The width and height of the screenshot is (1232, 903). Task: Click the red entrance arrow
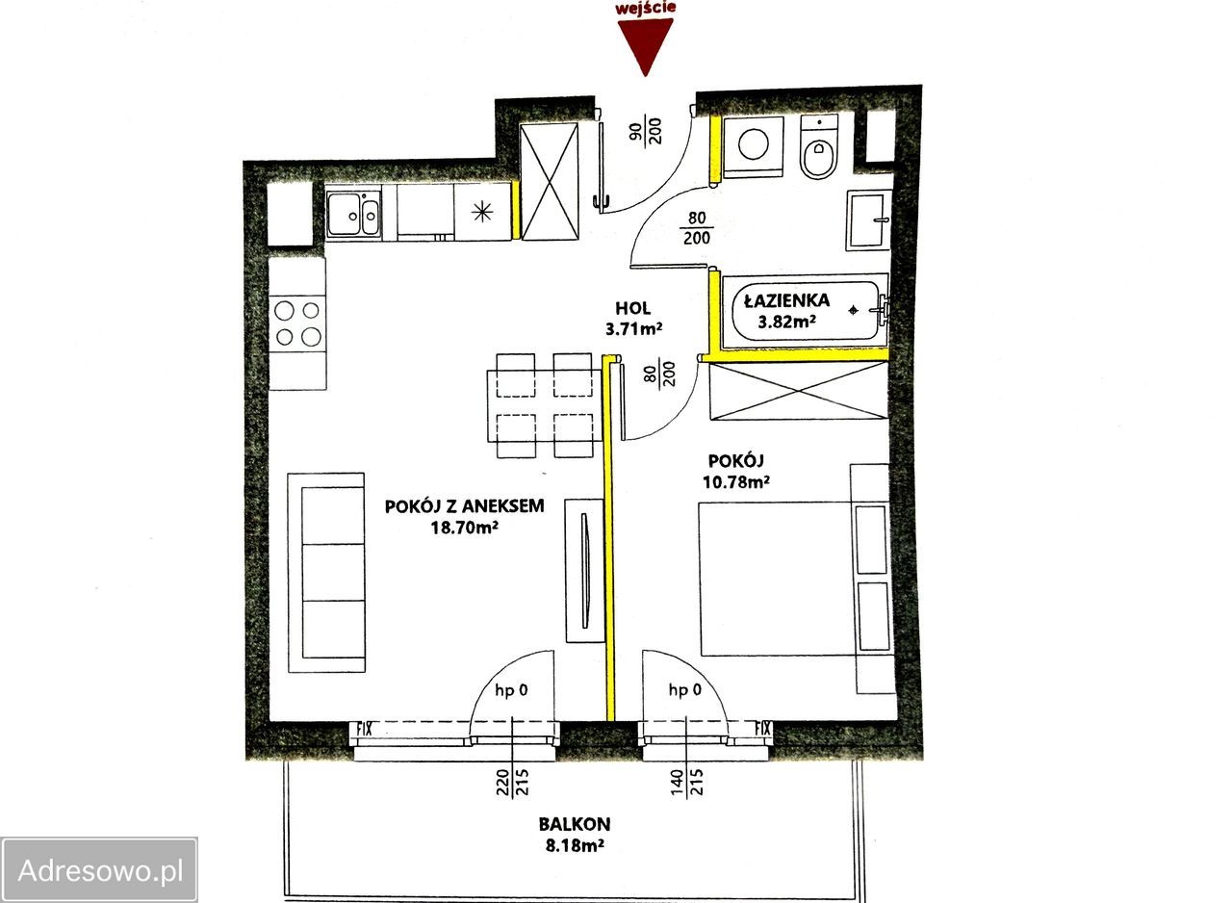click(645, 44)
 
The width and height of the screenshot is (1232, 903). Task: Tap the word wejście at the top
click(645, 7)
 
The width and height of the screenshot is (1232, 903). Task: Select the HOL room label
click(633, 308)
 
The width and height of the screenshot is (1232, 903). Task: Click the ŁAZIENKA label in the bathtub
click(786, 300)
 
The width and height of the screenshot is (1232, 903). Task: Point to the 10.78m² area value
click(736, 482)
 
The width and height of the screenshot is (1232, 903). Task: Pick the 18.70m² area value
click(464, 528)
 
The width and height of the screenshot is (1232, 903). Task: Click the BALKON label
click(575, 824)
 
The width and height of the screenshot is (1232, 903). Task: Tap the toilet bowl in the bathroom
click(818, 147)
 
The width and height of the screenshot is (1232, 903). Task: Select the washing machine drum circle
click(753, 145)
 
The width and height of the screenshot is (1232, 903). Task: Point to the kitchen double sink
click(353, 215)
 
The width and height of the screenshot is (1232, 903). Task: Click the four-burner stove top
click(297, 323)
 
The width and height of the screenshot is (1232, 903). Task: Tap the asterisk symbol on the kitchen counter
click(482, 212)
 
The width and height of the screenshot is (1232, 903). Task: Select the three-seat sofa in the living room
click(326, 573)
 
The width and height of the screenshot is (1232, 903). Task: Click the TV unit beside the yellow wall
click(585, 570)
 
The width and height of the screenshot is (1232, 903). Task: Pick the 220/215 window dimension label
click(512, 782)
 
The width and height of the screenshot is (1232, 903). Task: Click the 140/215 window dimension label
click(686, 782)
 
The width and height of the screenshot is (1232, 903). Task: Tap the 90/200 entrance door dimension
click(646, 131)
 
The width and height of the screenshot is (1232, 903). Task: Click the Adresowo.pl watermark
click(100, 871)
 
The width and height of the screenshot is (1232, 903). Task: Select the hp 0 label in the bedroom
click(684, 689)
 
